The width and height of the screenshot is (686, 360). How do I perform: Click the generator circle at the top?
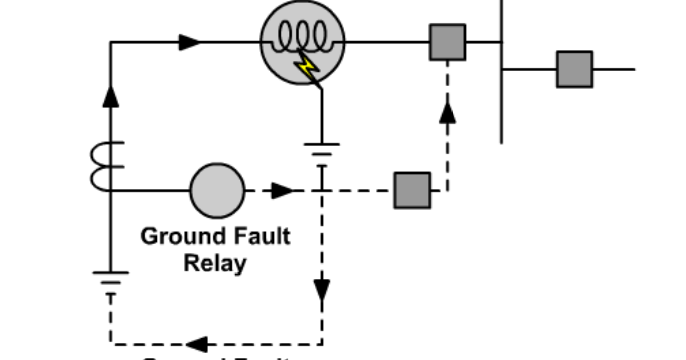pyautogui.click(x=303, y=42)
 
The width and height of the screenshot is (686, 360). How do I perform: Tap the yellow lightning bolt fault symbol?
pyautogui.click(x=304, y=68)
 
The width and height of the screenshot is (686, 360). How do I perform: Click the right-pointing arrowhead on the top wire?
pyautogui.click(x=189, y=42)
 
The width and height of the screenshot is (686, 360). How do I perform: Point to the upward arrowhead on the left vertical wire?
pyautogui.click(x=111, y=96)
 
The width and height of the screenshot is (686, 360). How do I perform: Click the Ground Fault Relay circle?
pyautogui.click(x=217, y=189)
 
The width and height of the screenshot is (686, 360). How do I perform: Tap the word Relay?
pyautogui.click(x=215, y=264)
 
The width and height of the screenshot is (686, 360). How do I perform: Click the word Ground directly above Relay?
pyautogui.click(x=177, y=237)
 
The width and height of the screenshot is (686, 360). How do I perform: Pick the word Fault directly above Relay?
pyautogui.click(x=256, y=237)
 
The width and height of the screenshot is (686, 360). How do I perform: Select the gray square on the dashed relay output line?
pyautogui.click(x=411, y=189)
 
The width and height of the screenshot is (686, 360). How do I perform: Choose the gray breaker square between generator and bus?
pyautogui.click(x=448, y=42)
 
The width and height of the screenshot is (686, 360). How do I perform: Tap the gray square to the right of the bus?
pyautogui.click(x=574, y=69)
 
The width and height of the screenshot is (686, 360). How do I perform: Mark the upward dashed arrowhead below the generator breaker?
pyautogui.click(x=448, y=111)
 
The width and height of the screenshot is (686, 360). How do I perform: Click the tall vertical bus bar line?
pyautogui.click(x=502, y=70)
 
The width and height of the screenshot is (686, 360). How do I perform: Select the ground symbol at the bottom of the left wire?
pyautogui.click(x=111, y=278)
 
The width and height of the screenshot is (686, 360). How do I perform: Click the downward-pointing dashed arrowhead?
pyautogui.click(x=322, y=290)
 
